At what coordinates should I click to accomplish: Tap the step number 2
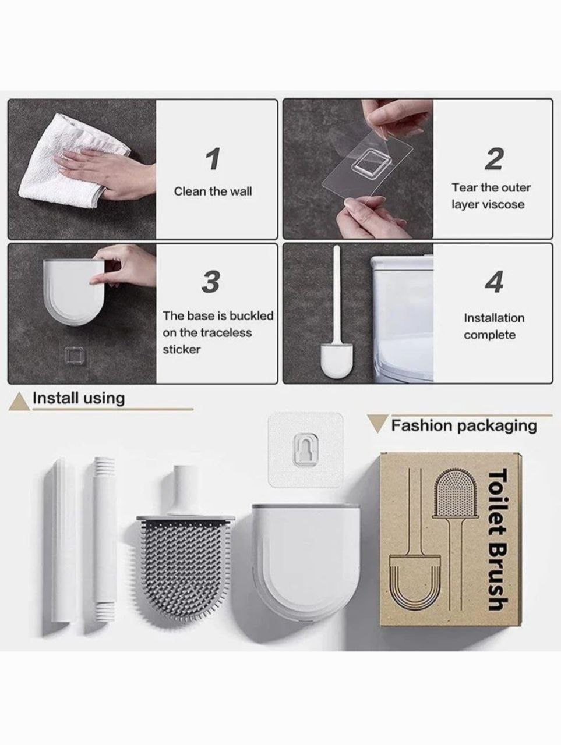[x=494, y=158]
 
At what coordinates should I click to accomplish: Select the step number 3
[x=210, y=282]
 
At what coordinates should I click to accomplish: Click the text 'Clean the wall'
[x=213, y=191]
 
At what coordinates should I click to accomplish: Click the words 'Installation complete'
[x=494, y=327]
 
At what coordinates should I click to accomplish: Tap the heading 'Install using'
[x=79, y=398]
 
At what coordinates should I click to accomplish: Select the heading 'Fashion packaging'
[x=464, y=425]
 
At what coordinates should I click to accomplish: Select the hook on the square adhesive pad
[x=306, y=449]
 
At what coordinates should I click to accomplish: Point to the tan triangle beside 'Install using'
[x=20, y=403]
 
